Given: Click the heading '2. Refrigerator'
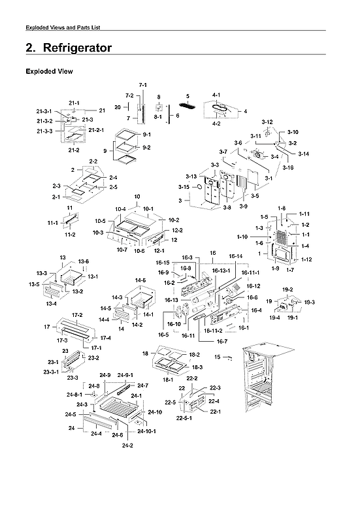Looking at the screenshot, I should (68, 48).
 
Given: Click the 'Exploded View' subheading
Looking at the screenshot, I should (48, 71).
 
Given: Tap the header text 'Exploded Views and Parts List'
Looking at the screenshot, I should (62, 27).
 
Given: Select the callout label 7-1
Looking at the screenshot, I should (142, 86).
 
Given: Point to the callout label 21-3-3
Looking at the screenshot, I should (46, 131).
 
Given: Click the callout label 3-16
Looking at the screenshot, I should (288, 167).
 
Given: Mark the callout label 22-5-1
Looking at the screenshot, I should (186, 418).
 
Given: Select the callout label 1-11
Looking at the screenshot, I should (304, 214).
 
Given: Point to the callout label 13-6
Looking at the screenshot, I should (83, 261).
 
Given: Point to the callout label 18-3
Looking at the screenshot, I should (197, 368).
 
